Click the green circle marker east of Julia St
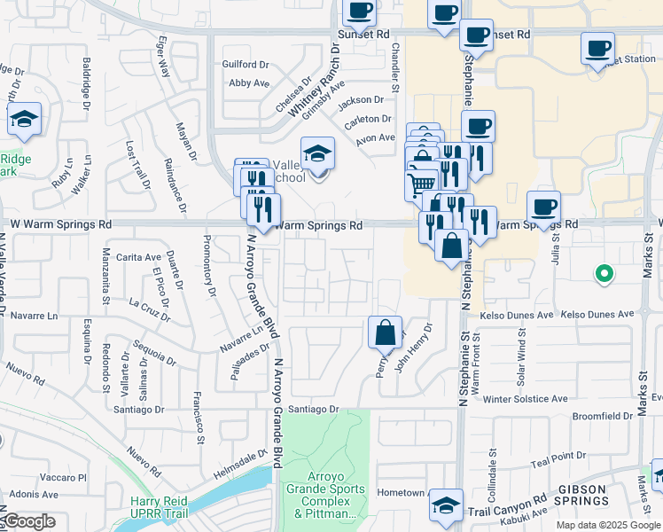point(604,274)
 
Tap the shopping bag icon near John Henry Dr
point(386,333)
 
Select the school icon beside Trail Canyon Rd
point(446,506)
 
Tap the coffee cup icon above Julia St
point(543,207)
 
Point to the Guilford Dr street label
point(246,65)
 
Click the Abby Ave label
point(249,83)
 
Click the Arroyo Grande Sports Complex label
point(324,501)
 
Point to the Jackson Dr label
point(365,100)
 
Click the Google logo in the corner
point(30,521)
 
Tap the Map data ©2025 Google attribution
point(607,525)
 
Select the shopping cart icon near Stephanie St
point(421,185)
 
